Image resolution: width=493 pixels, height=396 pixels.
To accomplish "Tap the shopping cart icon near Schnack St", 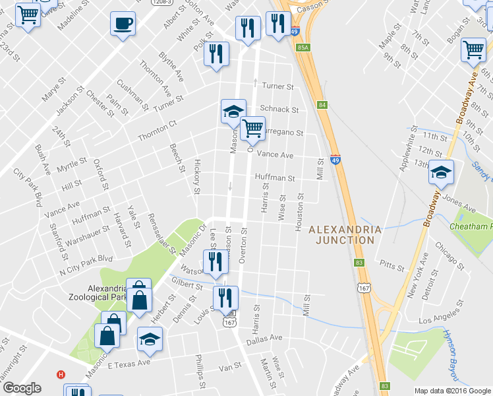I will click(x=252, y=127).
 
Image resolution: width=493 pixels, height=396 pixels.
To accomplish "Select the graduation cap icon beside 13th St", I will click(x=441, y=172).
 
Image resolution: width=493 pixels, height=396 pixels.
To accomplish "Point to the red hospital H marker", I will click(x=61, y=374).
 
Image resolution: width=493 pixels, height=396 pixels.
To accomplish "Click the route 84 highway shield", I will click(x=322, y=105).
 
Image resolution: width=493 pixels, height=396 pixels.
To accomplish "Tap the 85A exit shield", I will click(x=303, y=48).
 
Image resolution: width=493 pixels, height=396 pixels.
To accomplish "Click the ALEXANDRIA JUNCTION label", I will click(x=345, y=234).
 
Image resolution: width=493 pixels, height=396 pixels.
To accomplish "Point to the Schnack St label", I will click(x=279, y=110).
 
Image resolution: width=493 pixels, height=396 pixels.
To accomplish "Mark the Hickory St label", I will click(x=196, y=177).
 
